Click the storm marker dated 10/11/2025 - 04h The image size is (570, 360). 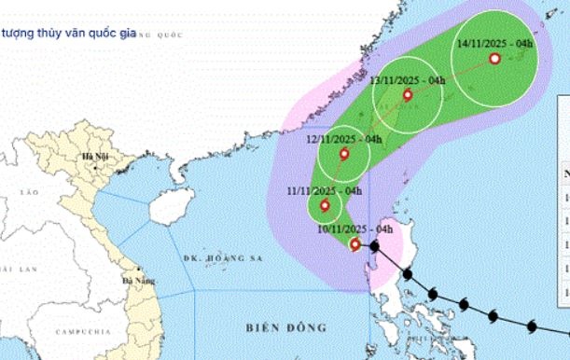click(355, 245)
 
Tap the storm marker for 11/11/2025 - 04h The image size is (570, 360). click(325, 206)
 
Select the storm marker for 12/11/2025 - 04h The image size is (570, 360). click(345, 155)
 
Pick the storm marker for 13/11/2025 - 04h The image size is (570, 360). click(407, 95)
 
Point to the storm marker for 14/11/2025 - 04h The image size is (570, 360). click(494, 59)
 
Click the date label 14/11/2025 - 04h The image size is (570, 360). click(495, 43)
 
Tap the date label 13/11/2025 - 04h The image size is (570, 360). click(407, 81)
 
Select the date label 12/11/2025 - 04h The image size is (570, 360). click(344, 139)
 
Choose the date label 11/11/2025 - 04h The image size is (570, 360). click(324, 191)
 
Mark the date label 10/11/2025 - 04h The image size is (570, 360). click(355, 228)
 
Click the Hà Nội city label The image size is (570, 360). click(95, 156)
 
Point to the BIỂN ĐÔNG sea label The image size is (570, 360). click(287, 327)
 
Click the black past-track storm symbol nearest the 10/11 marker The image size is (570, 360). click(373, 247)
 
